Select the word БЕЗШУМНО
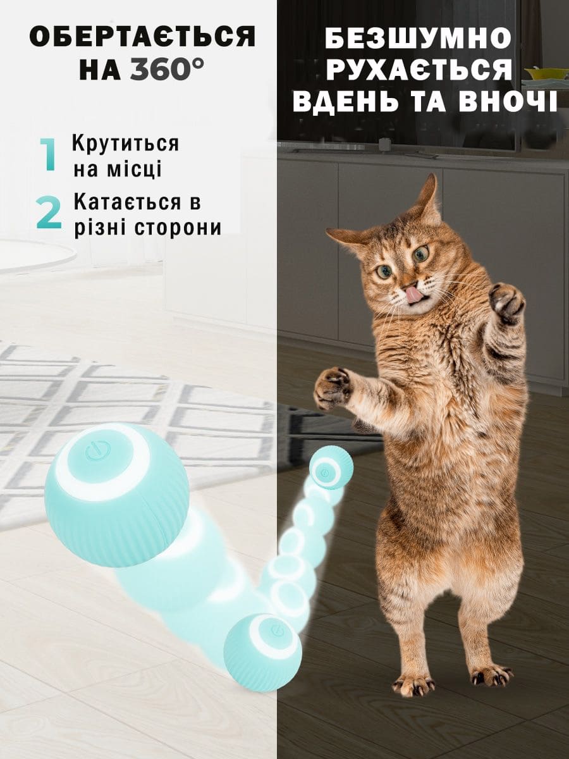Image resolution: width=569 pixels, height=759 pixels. [x=418, y=44]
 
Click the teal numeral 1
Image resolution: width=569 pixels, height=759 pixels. [x=48, y=154]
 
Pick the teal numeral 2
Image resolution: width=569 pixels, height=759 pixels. [x=49, y=213]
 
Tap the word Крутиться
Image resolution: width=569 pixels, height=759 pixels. [x=126, y=144]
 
